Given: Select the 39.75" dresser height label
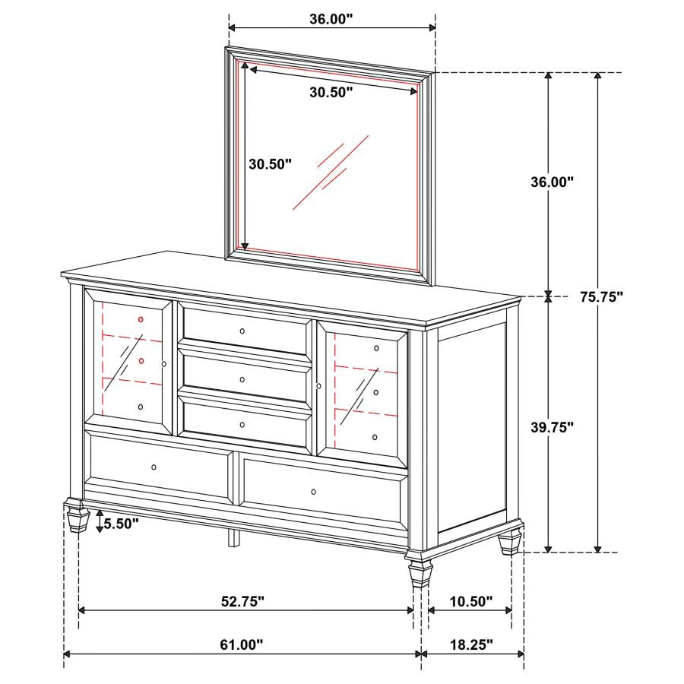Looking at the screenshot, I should point(552,427).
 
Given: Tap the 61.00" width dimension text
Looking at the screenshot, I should point(242,645).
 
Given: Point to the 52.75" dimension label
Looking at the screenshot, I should point(243,602).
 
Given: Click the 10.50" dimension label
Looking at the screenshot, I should point(471,602).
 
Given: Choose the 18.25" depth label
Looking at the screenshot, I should point(472,645).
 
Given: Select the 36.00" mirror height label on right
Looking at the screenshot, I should point(552,182).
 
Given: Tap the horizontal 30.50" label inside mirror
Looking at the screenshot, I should point(332,93).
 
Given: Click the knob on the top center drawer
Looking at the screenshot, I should point(242,331).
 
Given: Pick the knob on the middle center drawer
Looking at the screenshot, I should point(242,379).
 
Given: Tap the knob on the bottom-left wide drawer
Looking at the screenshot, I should point(154,467).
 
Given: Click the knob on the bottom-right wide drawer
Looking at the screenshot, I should point(314,492).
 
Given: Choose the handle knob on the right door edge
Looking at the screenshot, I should point(319,387).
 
